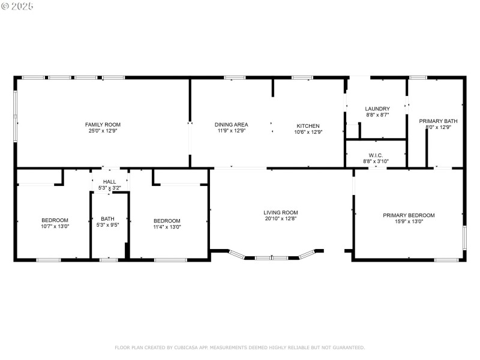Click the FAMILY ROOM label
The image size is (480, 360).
pos(98,125)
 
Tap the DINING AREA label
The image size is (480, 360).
pos(231,125)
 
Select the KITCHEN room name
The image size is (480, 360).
pos(308,125)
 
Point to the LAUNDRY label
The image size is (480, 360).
pos(377,109)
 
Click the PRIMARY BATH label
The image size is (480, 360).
pos(438,121)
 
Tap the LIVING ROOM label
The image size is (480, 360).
pos(280,212)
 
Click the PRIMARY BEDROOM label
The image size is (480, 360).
pos(409,215)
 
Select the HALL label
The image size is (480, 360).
pos(109,182)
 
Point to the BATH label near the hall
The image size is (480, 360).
pos(107,219)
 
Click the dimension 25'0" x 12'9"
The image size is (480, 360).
pos(98,131)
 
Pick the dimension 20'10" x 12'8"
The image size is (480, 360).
pos(280,218)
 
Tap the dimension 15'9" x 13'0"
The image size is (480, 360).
pos(409,221)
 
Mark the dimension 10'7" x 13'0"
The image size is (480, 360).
pos(55,227)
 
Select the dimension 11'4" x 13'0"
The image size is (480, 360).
pos(167,227)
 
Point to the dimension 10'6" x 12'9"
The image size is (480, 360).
pos(308,131)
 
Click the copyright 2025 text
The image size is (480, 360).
pos(17,5)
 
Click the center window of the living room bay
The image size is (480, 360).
pos(272,258)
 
